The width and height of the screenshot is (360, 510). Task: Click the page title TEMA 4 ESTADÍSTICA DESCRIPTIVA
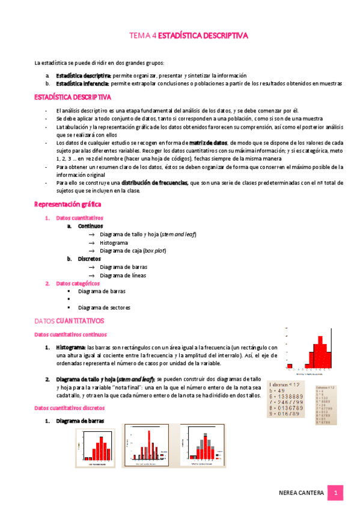[x=189, y=36]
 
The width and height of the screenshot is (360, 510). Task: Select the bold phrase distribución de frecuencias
[x=155, y=182]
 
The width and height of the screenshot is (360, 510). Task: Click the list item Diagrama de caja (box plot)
[x=133, y=250]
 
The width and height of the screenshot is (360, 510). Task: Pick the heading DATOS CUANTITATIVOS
[x=69, y=321]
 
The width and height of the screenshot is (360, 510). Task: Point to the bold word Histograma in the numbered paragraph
[x=71, y=348]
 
